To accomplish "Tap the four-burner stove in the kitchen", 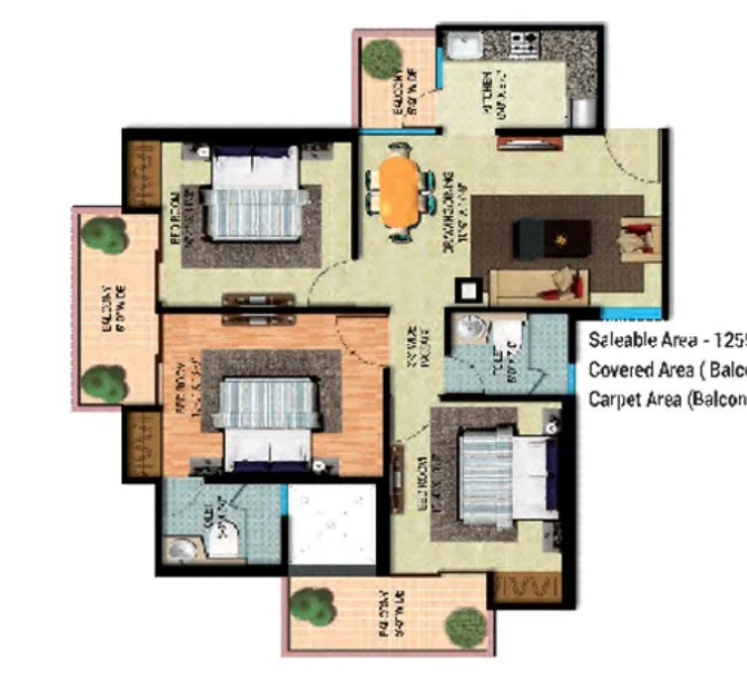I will [523, 45].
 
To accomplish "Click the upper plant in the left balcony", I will [102, 236].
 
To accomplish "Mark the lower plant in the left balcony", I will [103, 382].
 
